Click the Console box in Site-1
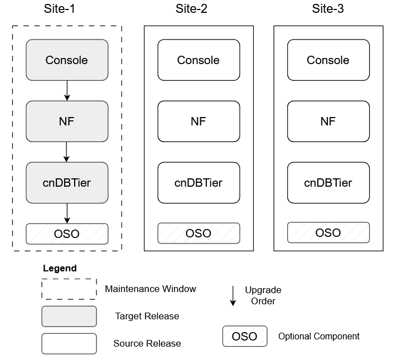click(67, 60)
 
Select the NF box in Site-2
click(198, 121)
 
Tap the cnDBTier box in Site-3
click(328, 182)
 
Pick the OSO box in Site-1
click(67, 233)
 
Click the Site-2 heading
click(198, 9)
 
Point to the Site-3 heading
click(328, 9)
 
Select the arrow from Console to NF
click(67, 90)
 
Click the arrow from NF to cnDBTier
click(67, 152)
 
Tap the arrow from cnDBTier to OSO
click(67, 213)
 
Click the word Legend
click(60, 268)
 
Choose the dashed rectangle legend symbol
click(69, 289)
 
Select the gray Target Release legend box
click(69, 316)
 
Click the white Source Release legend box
click(69, 343)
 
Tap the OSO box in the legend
click(244, 336)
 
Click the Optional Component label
click(318, 336)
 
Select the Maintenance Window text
click(151, 289)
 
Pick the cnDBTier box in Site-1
click(67, 182)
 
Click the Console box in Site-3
click(328, 60)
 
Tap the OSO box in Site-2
click(198, 233)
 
